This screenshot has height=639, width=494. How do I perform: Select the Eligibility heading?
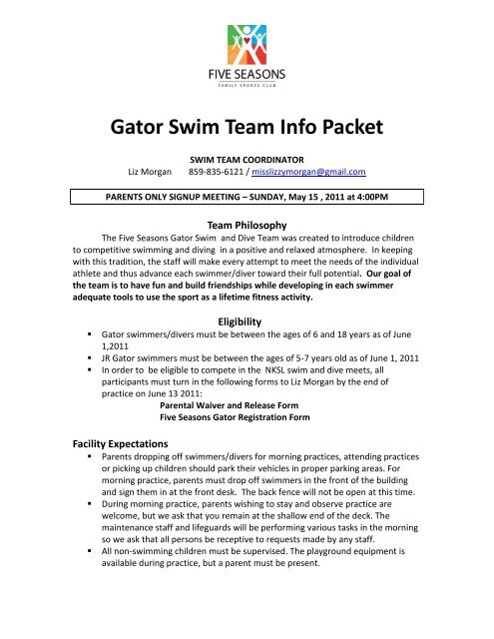click(x=247, y=349)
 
